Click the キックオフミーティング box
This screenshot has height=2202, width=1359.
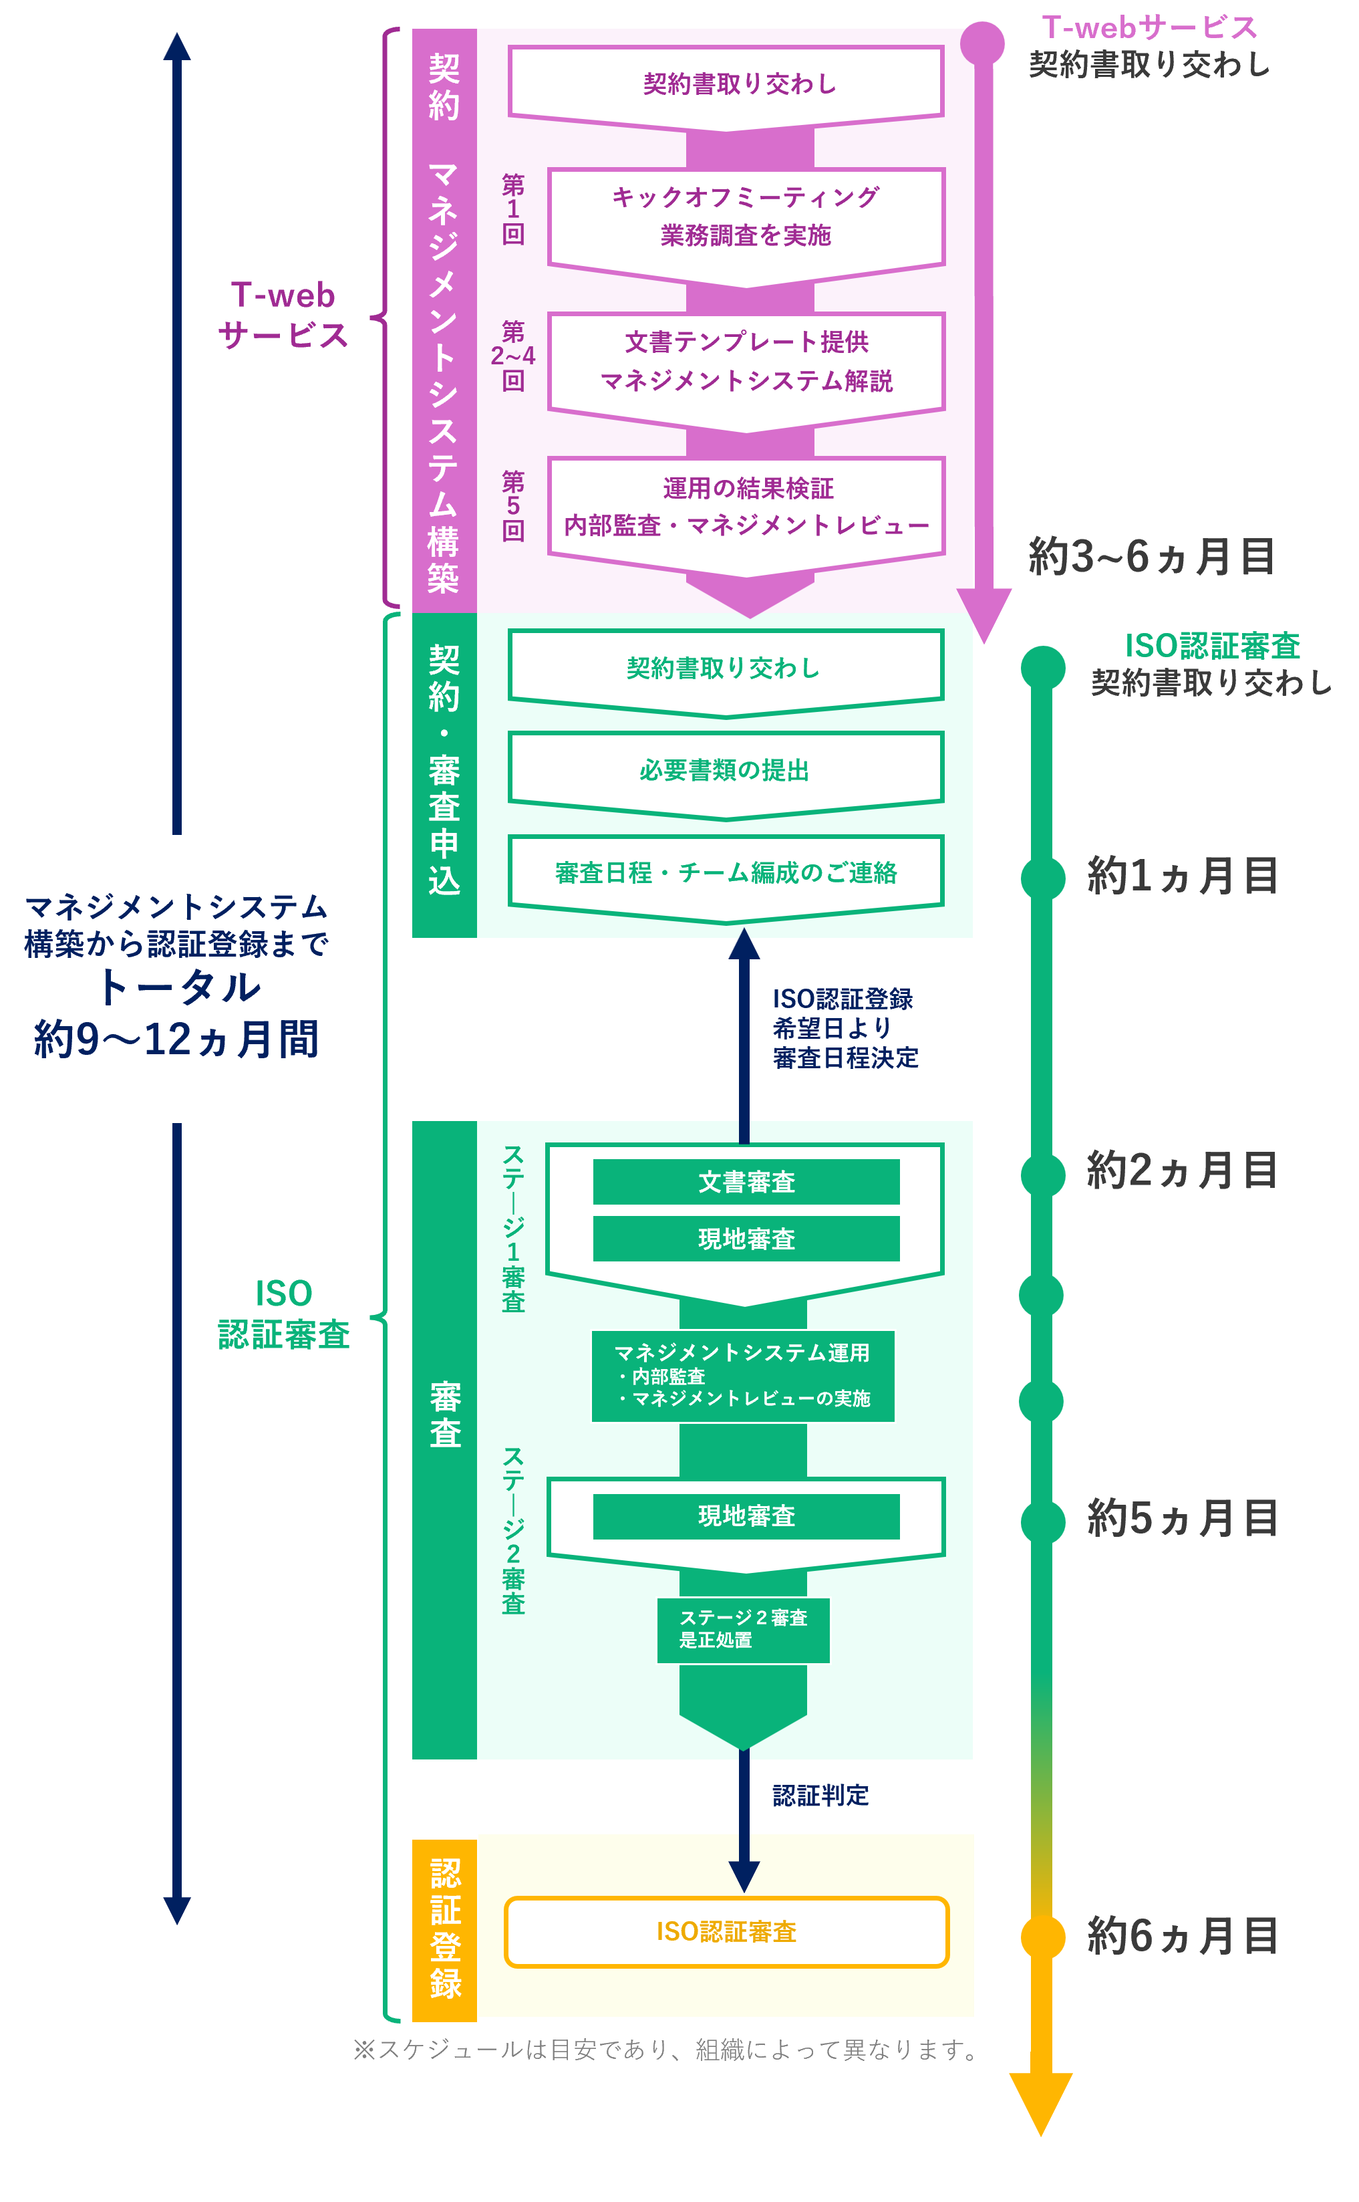click(x=746, y=217)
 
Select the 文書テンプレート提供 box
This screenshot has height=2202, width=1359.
click(x=746, y=362)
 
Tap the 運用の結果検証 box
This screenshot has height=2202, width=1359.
click(x=746, y=506)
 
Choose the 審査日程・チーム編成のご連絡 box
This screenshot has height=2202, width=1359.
click(x=726, y=872)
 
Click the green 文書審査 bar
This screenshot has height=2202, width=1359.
click(x=746, y=1181)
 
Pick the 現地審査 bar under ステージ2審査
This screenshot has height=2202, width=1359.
click(x=746, y=1516)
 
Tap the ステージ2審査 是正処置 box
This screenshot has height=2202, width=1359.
click(x=742, y=1628)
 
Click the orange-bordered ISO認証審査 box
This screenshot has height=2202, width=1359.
click(x=726, y=1931)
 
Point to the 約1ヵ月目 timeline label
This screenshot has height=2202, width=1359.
click(x=1182, y=876)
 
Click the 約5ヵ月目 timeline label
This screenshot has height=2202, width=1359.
click(x=1182, y=1519)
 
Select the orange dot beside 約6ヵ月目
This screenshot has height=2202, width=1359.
click(x=1042, y=1937)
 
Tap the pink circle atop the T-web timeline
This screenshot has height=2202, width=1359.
click(x=982, y=42)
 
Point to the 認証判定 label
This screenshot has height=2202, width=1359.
click(x=820, y=1796)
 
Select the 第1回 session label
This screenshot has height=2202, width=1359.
click(x=513, y=209)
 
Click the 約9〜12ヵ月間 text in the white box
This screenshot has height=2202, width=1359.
click(x=177, y=1039)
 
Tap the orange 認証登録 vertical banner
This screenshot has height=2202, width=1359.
click(x=445, y=1929)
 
